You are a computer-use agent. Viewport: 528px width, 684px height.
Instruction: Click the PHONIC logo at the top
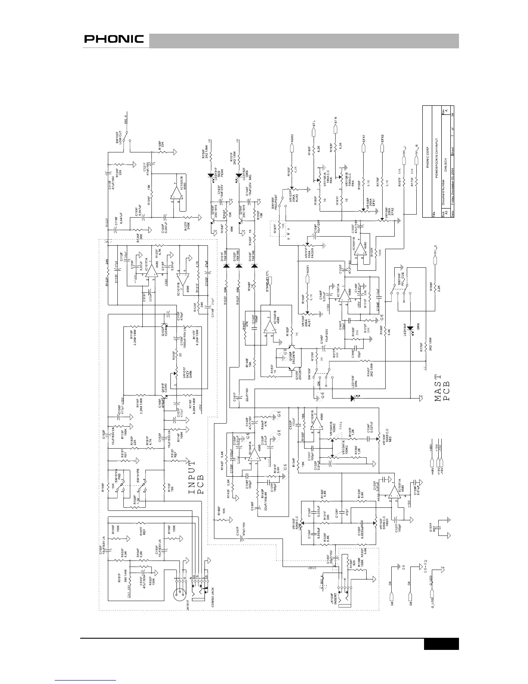pyautogui.click(x=114, y=39)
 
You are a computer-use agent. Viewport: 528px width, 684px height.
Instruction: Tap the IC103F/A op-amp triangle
pyautogui.click(x=393, y=494)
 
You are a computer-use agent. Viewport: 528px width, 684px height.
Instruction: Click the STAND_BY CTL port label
pyautogui.click(x=270, y=286)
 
